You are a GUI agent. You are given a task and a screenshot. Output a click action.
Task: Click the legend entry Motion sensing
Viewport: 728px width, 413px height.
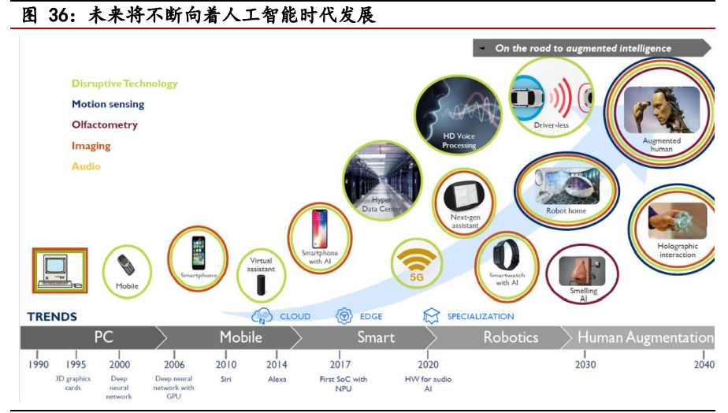[108, 104]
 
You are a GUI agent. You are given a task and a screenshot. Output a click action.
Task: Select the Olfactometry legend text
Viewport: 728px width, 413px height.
[104, 125]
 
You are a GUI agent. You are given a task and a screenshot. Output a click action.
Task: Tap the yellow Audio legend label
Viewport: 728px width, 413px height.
[86, 166]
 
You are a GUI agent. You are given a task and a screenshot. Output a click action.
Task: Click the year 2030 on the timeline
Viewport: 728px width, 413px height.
[585, 364]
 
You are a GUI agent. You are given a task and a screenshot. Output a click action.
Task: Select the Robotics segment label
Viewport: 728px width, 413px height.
[511, 337]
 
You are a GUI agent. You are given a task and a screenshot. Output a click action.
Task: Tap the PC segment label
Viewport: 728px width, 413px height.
[104, 337]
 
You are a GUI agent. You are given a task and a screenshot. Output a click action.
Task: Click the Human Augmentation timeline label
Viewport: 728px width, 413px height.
[644, 337]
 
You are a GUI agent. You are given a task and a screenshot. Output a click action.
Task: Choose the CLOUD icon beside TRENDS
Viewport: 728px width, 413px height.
[262, 317]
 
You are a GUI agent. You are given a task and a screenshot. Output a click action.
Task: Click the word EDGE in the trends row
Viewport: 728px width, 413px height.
[370, 317]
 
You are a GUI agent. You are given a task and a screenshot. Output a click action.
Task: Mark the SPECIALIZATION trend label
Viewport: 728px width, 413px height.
[480, 317]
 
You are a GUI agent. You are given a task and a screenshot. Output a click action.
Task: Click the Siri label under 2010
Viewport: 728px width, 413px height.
[226, 379]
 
